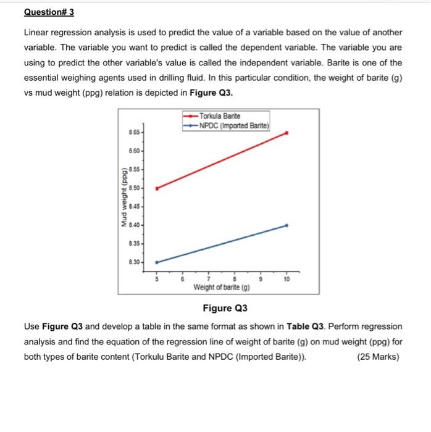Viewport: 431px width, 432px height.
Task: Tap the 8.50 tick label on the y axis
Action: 134,187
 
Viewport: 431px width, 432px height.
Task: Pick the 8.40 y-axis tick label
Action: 134,224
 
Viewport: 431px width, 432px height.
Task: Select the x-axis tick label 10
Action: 287,279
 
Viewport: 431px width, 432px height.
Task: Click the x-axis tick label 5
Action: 156,279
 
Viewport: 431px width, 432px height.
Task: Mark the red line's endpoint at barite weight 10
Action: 287,133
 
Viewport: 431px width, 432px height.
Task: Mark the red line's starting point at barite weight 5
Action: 156,188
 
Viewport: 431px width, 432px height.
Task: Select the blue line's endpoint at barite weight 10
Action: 287,226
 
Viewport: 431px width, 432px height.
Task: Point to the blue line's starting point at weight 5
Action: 156,262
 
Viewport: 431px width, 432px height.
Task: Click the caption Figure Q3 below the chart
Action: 225,308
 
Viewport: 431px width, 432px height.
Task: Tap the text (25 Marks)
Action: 378,357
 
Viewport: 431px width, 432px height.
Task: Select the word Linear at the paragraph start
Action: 37,32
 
